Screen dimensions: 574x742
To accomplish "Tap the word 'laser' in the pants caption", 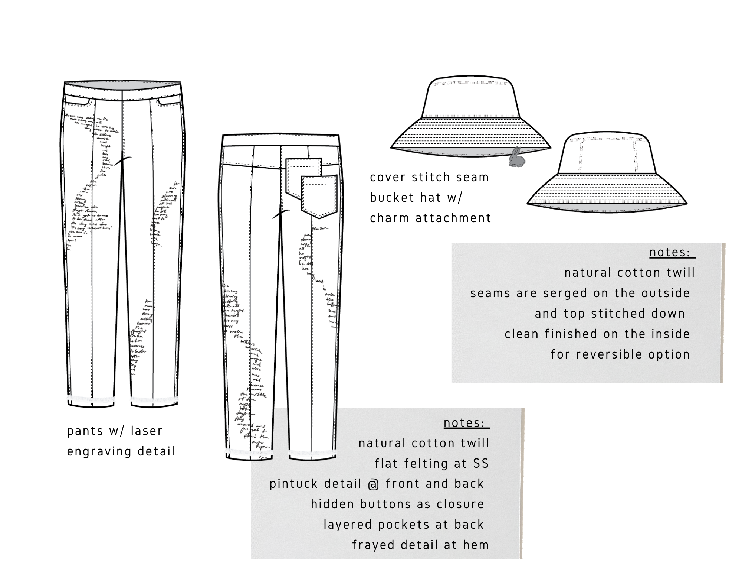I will [147, 431].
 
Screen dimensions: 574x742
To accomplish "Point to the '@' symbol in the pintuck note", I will [374, 484].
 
